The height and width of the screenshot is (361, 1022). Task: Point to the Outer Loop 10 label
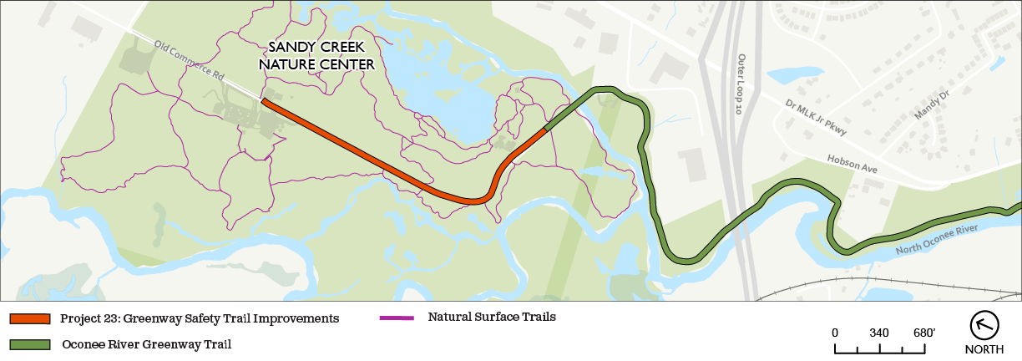pos(741,84)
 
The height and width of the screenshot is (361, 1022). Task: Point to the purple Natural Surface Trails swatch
pos(397,318)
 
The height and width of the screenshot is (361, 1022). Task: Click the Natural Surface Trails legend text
pos(492,317)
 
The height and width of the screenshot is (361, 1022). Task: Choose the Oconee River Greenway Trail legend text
pos(146,343)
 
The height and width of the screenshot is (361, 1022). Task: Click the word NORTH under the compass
pos(984,349)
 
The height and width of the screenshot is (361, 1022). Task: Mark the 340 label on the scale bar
pos(878,333)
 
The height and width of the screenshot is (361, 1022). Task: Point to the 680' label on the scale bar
pos(923,333)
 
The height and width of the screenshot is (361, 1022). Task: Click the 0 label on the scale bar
pos(835,333)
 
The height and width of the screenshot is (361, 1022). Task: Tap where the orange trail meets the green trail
pos(545,130)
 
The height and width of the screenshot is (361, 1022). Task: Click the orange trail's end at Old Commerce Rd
pos(264,101)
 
